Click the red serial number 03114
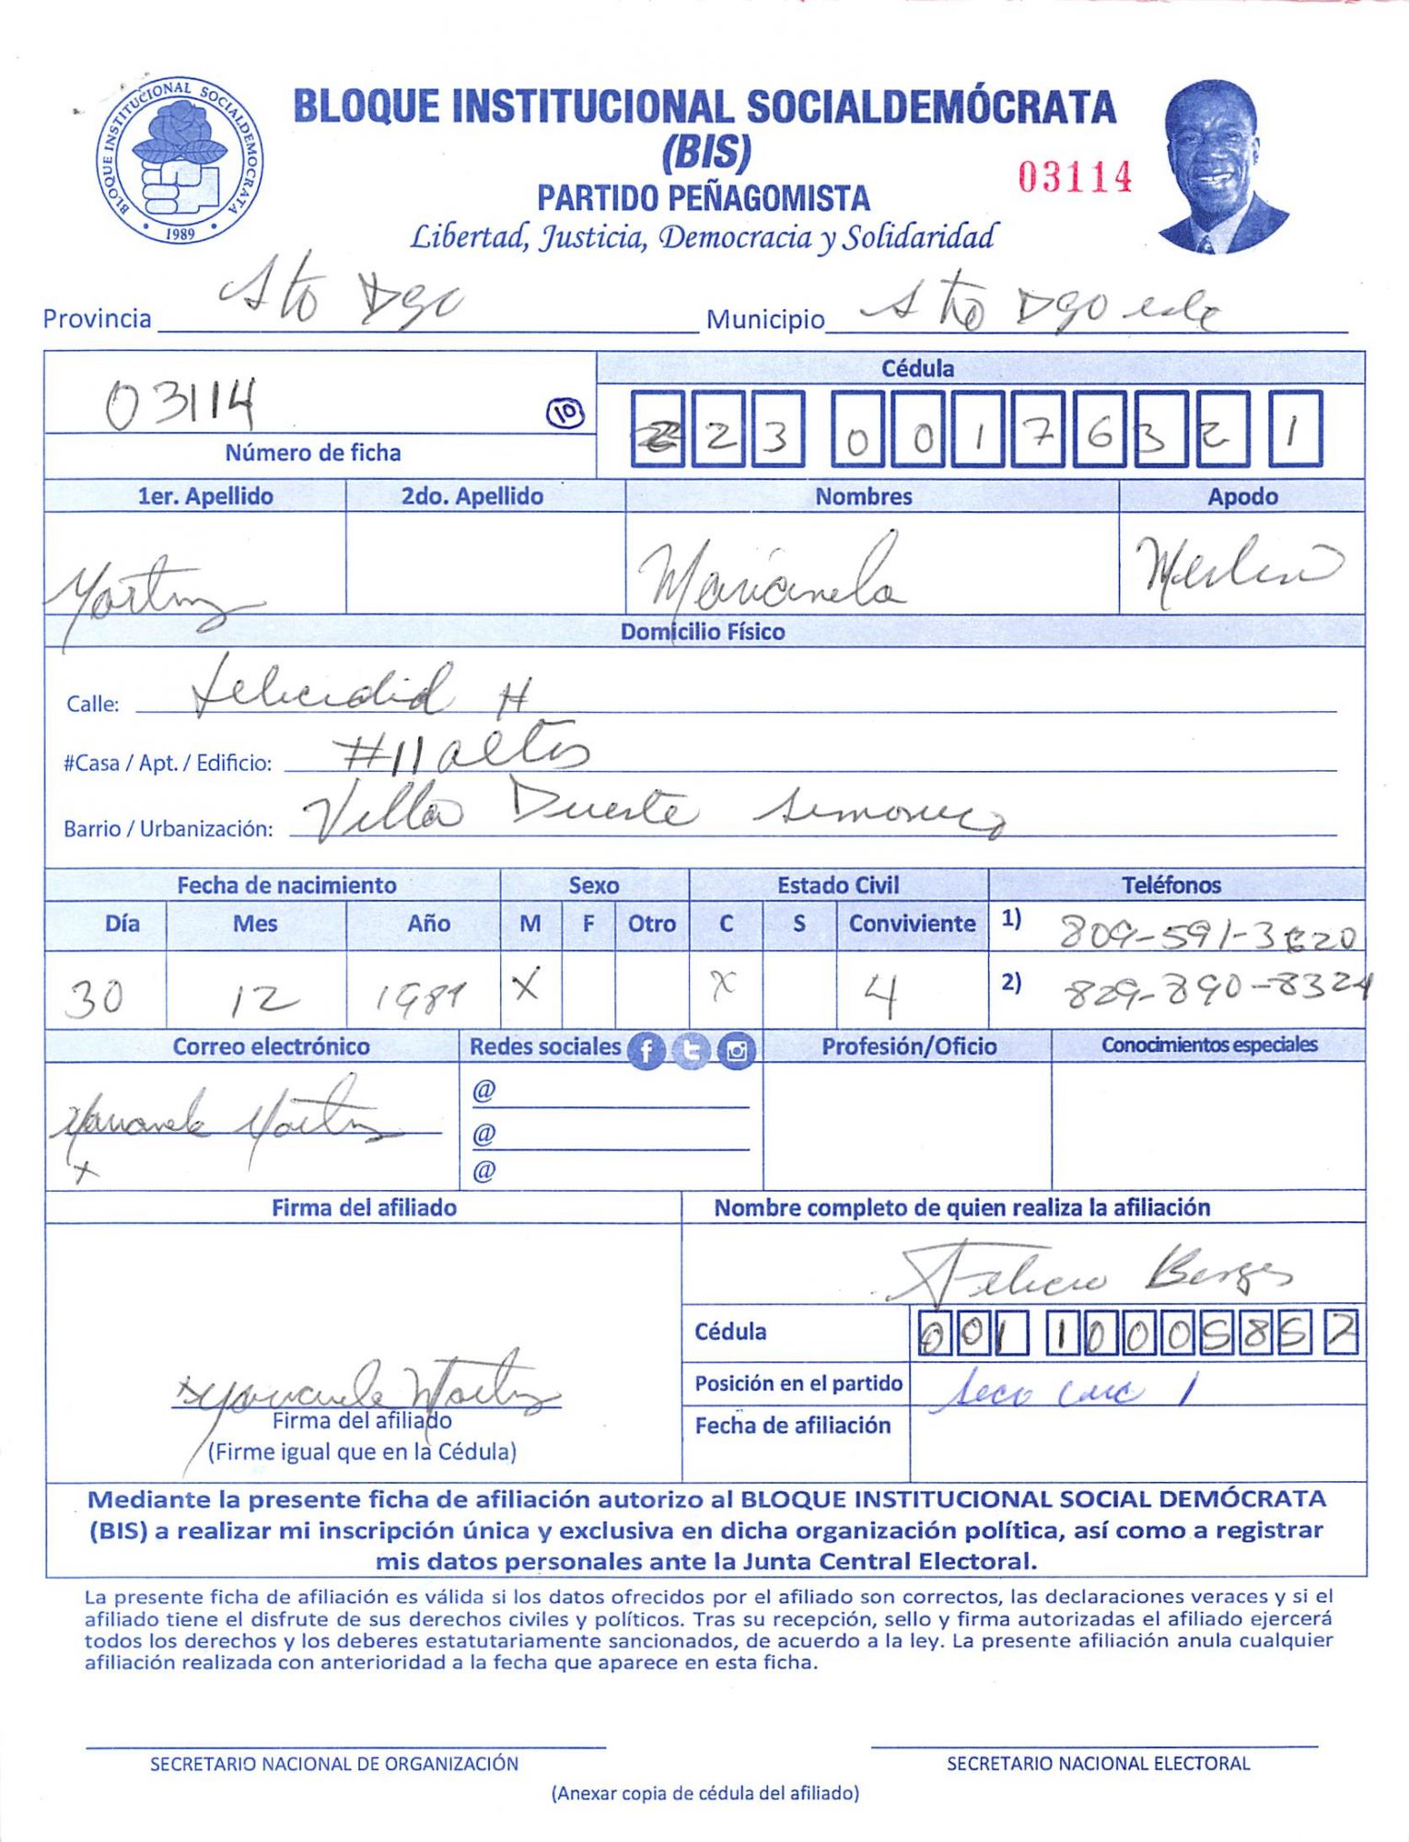(1075, 176)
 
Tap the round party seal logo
(180, 160)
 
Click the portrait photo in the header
(1221, 167)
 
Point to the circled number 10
(566, 415)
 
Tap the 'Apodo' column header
(1241, 496)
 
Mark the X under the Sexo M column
(527, 988)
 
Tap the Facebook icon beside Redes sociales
(646, 1051)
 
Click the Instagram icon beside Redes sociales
(736, 1051)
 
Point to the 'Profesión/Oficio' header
(908, 1046)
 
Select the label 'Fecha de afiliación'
(792, 1426)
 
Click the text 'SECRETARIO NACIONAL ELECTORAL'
(1098, 1764)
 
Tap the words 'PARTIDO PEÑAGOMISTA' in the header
(703, 198)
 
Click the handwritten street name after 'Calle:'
(359, 691)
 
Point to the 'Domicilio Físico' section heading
(702, 632)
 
